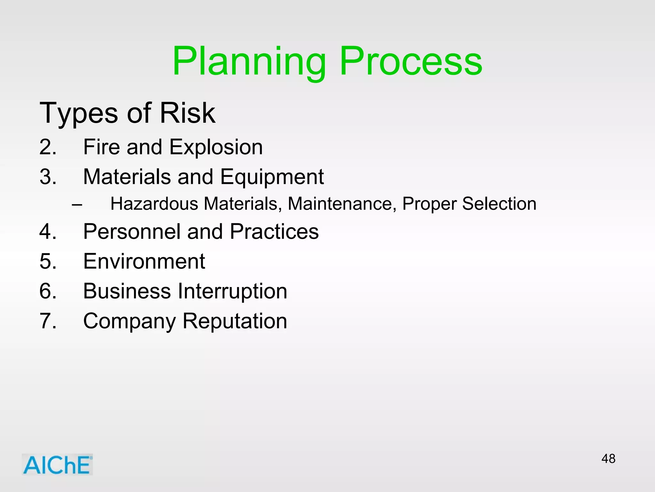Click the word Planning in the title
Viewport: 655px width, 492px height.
point(249,61)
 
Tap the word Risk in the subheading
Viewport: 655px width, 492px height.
point(187,113)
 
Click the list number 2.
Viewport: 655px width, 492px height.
point(48,147)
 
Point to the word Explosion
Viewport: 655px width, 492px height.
point(216,147)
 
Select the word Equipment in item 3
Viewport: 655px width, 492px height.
point(272,177)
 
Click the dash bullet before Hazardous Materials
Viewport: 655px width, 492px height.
point(77,204)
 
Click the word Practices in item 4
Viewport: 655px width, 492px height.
point(274,232)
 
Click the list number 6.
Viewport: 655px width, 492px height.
point(48,291)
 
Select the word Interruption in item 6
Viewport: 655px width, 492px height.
point(232,291)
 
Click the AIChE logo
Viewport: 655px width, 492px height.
point(57,464)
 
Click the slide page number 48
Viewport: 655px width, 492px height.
point(608,459)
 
